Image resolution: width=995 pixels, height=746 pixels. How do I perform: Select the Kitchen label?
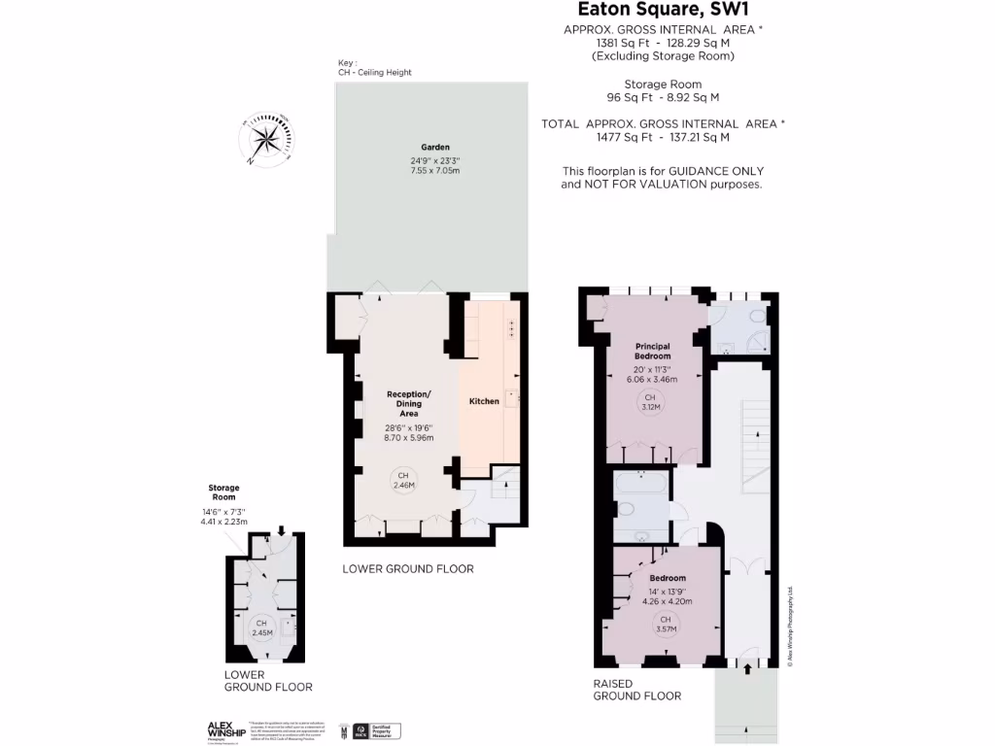click(x=484, y=401)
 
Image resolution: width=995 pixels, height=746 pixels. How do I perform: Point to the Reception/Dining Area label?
click(x=408, y=403)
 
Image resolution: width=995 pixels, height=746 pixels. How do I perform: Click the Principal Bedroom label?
click(x=653, y=351)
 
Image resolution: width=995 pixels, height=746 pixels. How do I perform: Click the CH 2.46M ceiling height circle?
click(x=402, y=479)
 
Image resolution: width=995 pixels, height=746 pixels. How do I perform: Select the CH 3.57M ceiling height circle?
click(x=666, y=624)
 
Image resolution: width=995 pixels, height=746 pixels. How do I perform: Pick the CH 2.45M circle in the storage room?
click(x=260, y=627)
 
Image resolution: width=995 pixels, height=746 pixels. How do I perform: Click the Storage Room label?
click(x=223, y=492)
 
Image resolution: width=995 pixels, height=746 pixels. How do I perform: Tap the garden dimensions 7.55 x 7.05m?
click(x=434, y=171)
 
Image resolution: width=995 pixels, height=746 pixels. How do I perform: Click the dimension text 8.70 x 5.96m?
click(x=408, y=438)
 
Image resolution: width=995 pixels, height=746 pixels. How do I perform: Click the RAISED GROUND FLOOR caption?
click(x=637, y=690)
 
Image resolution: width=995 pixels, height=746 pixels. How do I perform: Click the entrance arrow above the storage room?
click(x=281, y=530)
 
